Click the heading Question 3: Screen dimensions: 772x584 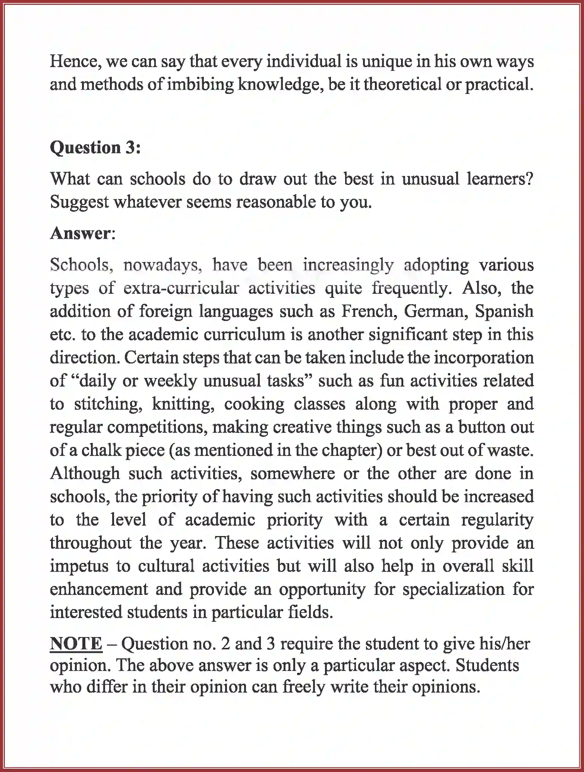point(95,148)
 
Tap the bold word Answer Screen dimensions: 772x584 point(80,233)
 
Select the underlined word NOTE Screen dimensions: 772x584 point(76,644)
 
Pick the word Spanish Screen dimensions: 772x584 point(504,311)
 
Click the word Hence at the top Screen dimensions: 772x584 point(74,62)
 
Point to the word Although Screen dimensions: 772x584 point(85,474)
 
